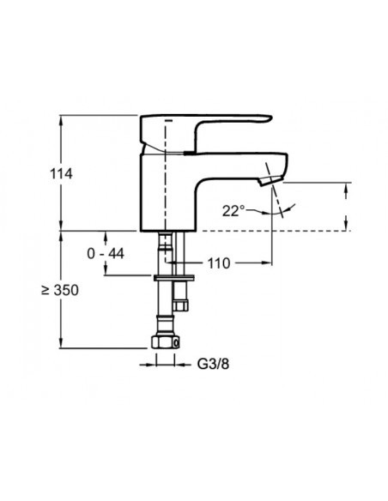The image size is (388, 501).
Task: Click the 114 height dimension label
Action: click(61, 174)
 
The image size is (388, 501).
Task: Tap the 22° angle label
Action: click(233, 211)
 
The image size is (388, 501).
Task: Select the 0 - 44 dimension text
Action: click(106, 254)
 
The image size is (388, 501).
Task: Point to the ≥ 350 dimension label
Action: click(60, 291)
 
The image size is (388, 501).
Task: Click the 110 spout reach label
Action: click(219, 263)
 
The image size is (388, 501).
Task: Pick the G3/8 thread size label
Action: click(213, 364)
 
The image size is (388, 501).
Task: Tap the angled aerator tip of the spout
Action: click(270, 180)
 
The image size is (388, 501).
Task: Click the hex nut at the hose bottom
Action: click(165, 342)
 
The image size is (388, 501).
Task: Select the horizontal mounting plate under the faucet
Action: click(174, 278)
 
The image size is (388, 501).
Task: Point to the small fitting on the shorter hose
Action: click(180, 305)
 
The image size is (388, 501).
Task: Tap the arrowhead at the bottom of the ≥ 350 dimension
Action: click(61, 345)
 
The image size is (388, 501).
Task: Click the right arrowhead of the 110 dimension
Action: click(268, 263)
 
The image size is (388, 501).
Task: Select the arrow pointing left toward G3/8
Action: click(181, 365)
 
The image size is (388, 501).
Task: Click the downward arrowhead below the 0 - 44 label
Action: click(106, 270)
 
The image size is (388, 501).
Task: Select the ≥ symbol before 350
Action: click(45, 290)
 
